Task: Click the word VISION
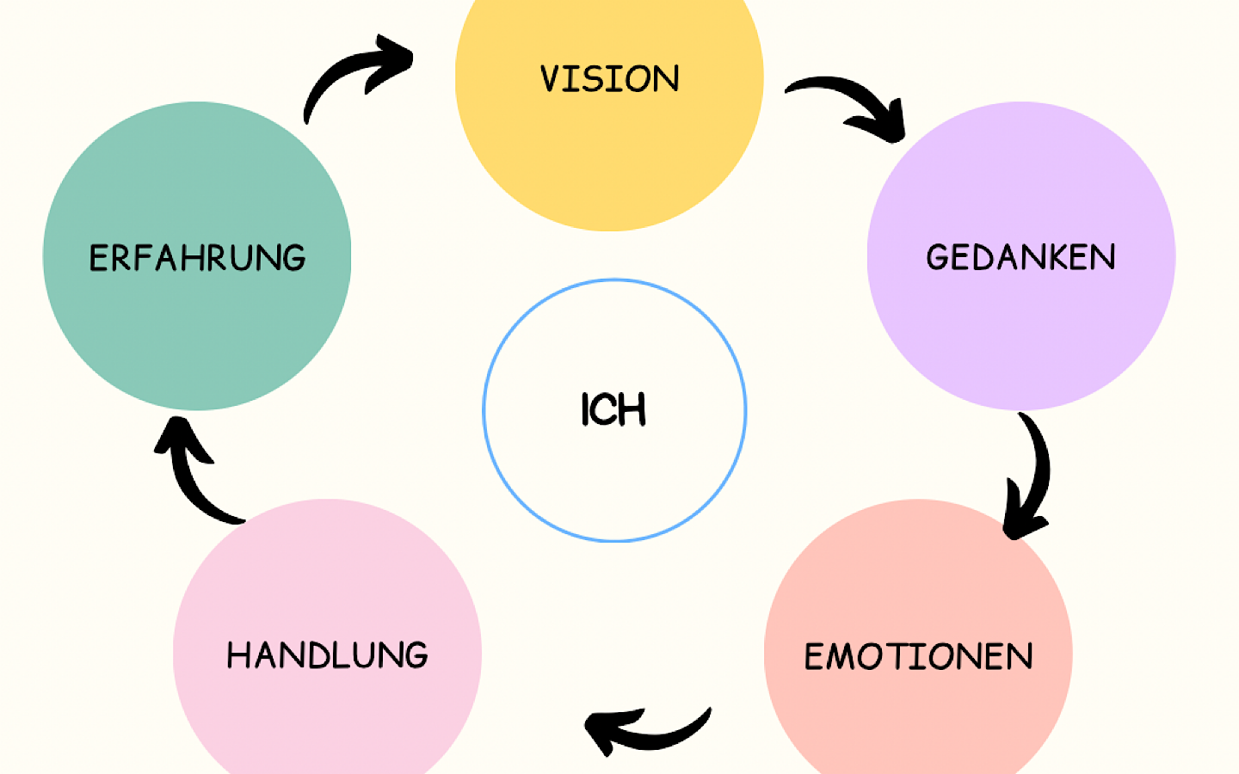click(x=609, y=79)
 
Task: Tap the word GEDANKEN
click(x=1020, y=257)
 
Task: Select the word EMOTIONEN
click(x=918, y=657)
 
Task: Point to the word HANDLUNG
click(x=327, y=655)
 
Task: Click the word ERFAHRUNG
click(x=197, y=258)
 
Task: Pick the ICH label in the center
click(x=613, y=409)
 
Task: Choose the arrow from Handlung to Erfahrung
click(x=194, y=477)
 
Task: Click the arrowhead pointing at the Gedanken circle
click(x=891, y=125)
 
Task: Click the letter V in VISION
click(x=551, y=79)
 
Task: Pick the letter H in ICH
click(x=632, y=409)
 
